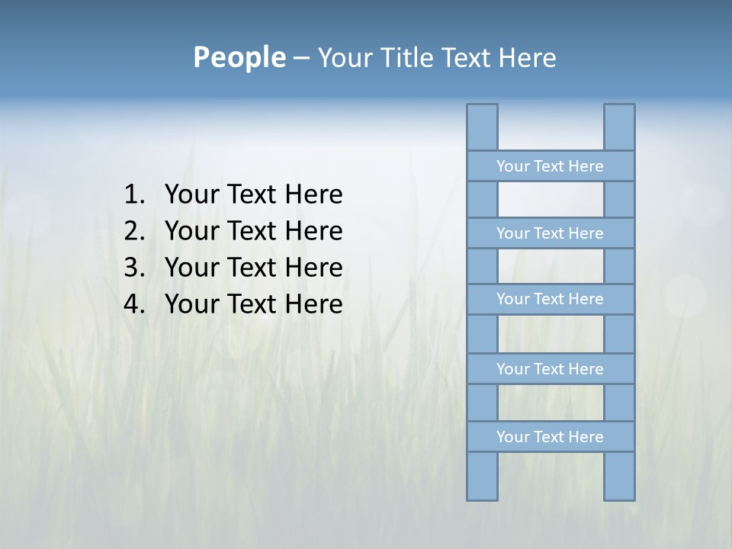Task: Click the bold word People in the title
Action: click(x=238, y=57)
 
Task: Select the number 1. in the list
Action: click(x=134, y=195)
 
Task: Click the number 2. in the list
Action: click(x=134, y=231)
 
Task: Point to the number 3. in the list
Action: click(x=134, y=268)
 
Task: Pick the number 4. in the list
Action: click(x=134, y=304)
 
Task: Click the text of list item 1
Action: click(x=253, y=195)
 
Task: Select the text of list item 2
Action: click(x=253, y=231)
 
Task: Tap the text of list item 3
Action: click(x=253, y=268)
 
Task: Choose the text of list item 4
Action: click(x=253, y=304)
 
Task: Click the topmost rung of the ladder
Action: click(x=550, y=166)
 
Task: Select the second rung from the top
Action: click(x=550, y=233)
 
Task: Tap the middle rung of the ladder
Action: click(x=550, y=299)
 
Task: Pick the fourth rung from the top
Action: click(x=550, y=369)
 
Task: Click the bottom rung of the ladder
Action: click(x=550, y=437)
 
